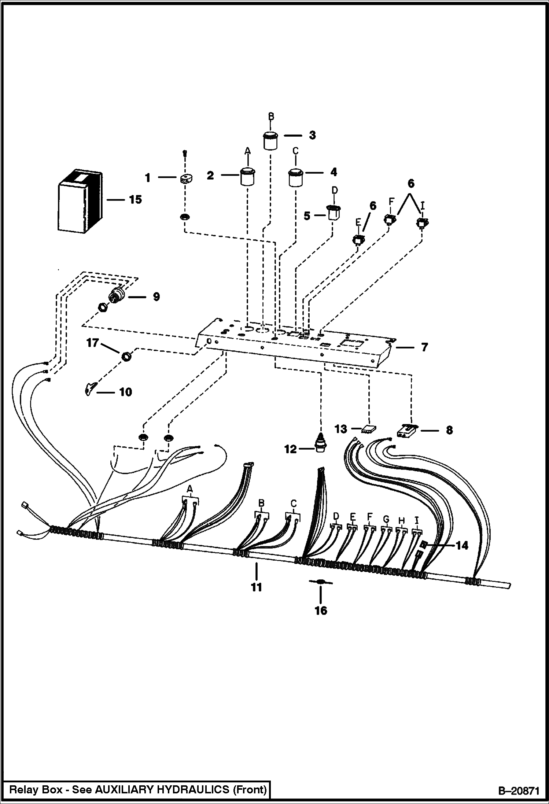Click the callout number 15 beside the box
135,200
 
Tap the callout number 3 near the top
312,135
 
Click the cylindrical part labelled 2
248,177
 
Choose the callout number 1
148,178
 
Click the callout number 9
156,296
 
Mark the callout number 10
125,392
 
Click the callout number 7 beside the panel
424,347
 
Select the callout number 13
341,429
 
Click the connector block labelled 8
408,431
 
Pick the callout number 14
462,546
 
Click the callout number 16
321,611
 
